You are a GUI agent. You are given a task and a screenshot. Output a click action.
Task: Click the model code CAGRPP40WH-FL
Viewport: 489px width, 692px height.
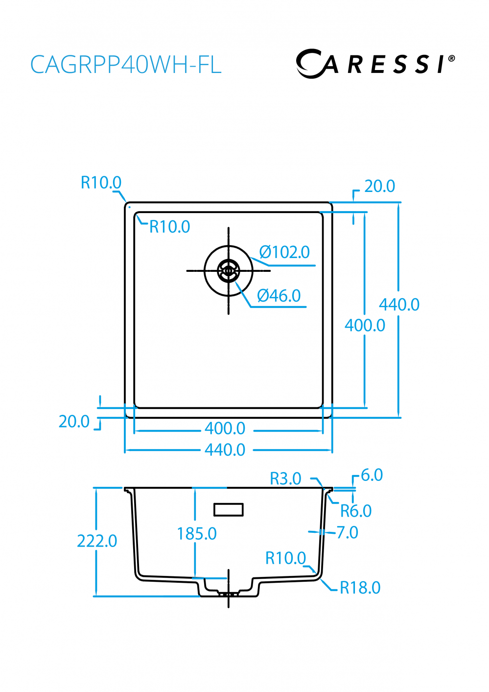(126, 65)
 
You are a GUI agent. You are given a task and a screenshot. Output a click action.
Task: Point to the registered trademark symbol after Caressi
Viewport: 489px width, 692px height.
(451, 58)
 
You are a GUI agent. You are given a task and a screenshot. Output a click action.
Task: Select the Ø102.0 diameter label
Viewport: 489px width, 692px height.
(284, 252)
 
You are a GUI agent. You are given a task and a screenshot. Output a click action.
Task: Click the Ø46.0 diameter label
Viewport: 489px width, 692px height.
(279, 296)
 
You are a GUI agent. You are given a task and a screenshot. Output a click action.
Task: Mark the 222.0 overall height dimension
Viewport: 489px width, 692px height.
(97, 541)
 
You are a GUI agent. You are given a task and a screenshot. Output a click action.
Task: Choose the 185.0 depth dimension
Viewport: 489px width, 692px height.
(196, 534)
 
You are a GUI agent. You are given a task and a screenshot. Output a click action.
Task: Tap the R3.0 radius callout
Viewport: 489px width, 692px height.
(285, 478)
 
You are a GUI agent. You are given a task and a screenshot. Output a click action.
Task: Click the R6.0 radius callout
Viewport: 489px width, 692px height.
(356, 511)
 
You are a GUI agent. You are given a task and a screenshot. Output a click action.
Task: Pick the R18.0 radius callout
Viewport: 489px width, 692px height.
(360, 588)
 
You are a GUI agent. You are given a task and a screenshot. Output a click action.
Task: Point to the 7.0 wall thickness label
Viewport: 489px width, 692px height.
(348, 532)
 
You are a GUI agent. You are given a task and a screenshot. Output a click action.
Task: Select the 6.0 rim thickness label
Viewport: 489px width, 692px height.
(372, 475)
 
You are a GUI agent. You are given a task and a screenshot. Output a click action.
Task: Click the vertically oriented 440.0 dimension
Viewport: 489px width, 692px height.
(399, 305)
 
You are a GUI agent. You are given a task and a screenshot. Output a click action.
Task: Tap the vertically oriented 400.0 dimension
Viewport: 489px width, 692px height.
(365, 325)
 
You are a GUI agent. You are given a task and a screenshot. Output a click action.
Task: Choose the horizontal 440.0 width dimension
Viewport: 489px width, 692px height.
(225, 450)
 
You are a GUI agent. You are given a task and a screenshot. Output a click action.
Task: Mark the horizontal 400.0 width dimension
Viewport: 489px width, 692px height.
(225, 429)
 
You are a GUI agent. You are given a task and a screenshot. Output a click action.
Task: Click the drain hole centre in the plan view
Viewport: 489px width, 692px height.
(228, 271)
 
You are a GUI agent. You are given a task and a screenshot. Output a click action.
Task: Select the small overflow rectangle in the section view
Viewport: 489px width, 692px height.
(229, 510)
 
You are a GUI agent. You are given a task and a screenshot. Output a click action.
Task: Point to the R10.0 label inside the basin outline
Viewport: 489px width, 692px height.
(169, 227)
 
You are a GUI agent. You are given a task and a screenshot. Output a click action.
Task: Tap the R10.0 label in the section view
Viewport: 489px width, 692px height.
(285, 558)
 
